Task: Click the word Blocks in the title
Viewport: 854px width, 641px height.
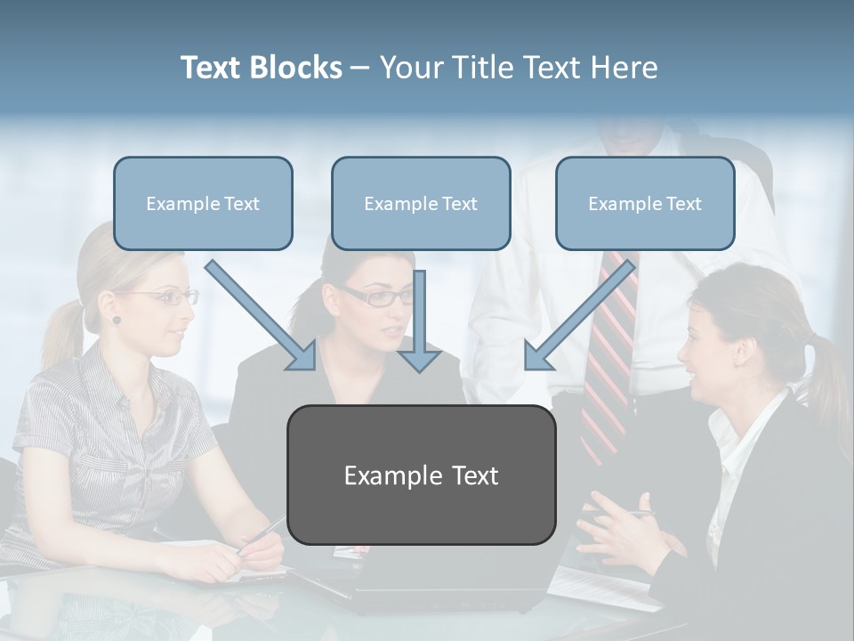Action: [x=296, y=68]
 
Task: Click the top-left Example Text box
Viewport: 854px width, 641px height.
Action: [x=203, y=204]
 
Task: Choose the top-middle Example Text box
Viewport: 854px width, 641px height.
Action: [x=421, y=204]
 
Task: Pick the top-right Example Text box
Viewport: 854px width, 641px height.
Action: [x=645, y=204]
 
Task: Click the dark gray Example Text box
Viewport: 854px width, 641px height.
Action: [x=421, y=475]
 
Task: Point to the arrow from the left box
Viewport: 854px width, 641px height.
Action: [x=262, y=315]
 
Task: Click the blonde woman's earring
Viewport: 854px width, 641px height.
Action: [x=117, y=320]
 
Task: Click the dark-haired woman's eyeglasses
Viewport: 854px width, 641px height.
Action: [x=378, y=296]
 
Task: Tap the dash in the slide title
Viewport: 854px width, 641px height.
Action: [x=361, y=68]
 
